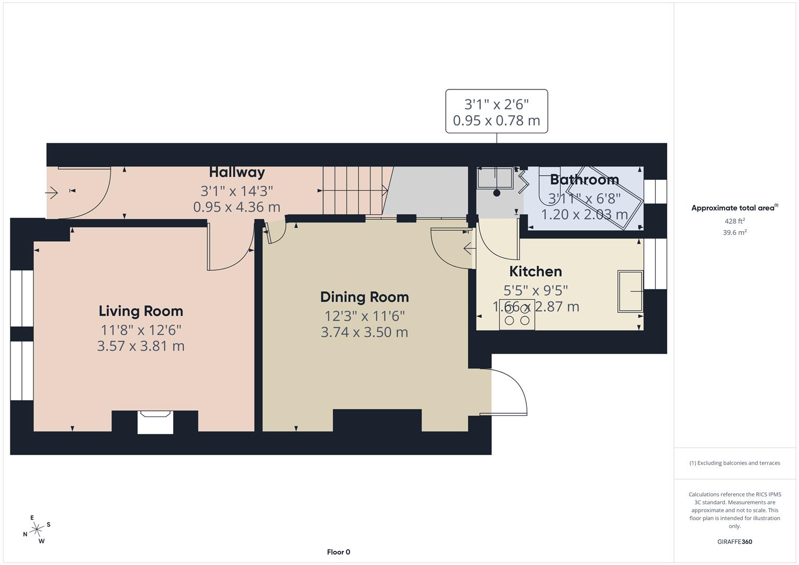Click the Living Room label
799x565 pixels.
pos(141,311)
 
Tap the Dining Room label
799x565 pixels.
pos(364,297)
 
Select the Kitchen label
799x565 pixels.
pos(535,271)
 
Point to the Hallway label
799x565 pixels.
pos(237,172)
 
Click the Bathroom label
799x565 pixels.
pos(584,179)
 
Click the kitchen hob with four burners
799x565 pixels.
pos(517,314)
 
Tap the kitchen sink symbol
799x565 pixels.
pos(631,291)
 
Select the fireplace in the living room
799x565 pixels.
pos(155,422)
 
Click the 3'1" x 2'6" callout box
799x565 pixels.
pos(496,111)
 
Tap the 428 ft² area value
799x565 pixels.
pos(735,221)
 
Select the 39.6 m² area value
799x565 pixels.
pos(735,233)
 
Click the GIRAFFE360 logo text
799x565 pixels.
pos(735,541)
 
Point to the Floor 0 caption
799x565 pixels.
pos(339,552)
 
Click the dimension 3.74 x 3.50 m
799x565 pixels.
pos(364,332)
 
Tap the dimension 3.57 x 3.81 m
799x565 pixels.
pos(141,346)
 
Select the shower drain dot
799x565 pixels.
pos(497,193)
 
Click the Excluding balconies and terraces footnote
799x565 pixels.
pos(735,463)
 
